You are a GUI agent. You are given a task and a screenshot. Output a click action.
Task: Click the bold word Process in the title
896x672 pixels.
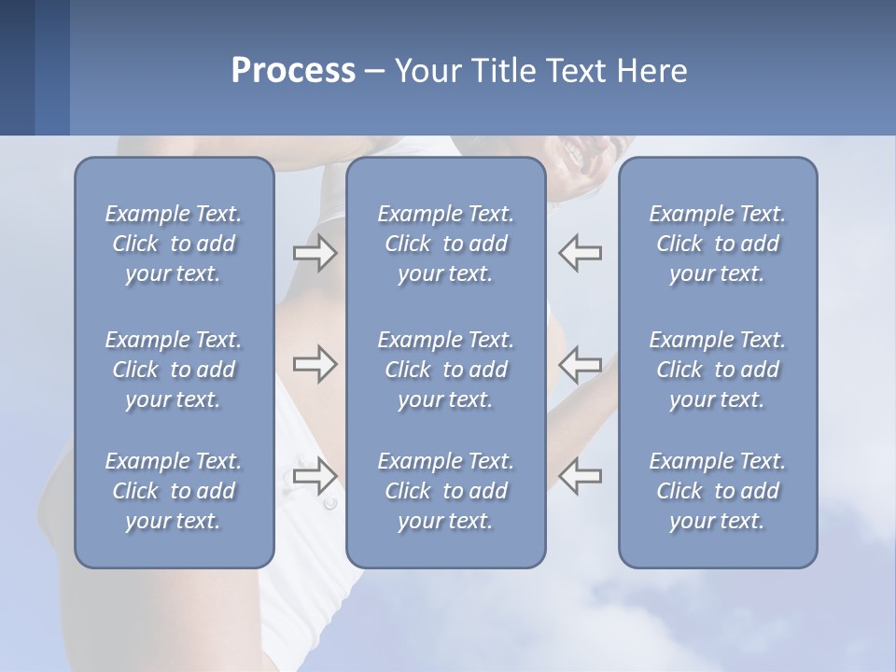point(293,71)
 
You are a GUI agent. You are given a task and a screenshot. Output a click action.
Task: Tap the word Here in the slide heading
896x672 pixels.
point(652,71)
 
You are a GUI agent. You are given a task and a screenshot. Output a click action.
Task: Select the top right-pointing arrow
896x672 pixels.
point(315,253)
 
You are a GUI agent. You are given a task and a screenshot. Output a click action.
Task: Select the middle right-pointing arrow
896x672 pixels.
point(315,364)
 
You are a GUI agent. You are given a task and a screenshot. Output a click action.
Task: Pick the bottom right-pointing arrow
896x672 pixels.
point(315,475)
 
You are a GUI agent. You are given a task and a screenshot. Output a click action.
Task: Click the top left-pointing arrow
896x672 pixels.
point(581,253)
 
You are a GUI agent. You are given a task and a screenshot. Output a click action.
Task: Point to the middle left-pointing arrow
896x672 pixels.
point(581,364)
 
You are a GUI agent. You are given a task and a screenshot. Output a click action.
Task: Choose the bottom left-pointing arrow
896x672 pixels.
point(581,475)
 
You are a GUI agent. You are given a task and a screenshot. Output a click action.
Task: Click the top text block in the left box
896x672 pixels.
point(174,244)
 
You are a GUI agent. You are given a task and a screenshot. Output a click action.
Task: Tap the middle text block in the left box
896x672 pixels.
point(174,370)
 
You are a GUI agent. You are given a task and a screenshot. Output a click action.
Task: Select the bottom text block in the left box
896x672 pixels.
point(174,491)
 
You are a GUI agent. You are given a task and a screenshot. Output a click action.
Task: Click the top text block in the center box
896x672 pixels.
point(445,244)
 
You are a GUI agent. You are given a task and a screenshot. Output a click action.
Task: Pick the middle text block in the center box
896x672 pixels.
point(445,370)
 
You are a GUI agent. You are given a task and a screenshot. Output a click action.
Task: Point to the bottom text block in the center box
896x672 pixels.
point(445,491)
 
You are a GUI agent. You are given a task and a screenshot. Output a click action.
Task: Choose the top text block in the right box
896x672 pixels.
point(717,244)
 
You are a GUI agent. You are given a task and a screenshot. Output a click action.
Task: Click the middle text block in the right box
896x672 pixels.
point(717,370)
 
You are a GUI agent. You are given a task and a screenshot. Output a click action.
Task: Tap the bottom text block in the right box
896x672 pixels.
point(717,491)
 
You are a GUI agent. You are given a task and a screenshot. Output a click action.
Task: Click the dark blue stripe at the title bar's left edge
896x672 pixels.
point(17,67)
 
